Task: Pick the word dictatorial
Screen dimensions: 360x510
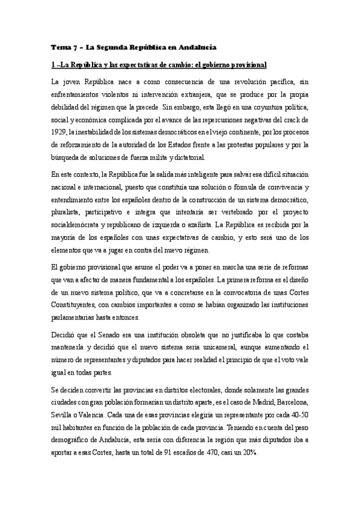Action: (x=185, y=158)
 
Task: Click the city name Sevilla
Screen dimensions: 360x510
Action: (x=63, y=407)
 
